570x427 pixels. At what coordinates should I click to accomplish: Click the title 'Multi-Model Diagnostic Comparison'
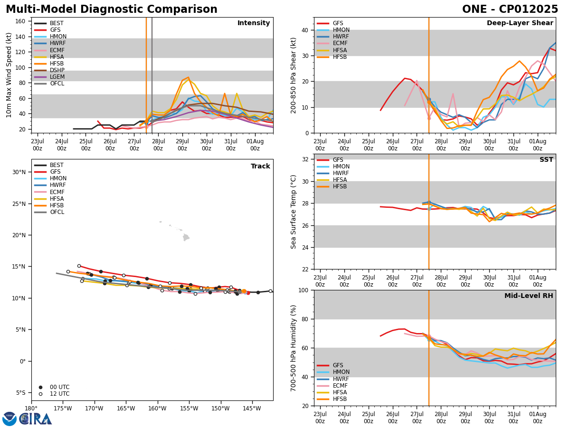coord(112,9)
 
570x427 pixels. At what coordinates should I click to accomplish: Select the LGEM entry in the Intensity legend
coord(57,77)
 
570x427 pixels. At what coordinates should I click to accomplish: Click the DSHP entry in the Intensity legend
coord(57,70)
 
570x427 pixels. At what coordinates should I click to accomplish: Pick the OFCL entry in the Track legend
coord(57,212)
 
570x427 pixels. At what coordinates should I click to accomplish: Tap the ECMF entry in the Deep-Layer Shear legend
coord(340,44)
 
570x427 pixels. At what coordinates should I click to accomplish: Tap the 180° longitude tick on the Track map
coord(31,408)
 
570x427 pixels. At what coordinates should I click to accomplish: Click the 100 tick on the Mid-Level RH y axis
coord(304,290)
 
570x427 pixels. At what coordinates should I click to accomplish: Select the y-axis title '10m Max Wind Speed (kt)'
coord(9,75)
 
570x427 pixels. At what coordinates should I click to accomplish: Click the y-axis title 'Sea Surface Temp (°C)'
coord(294,212)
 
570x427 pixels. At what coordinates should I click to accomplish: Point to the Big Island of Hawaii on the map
coord(186,237)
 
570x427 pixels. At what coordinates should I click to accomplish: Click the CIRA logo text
coord(36,419)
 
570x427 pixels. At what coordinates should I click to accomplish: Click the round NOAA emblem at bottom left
coord(9,419)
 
